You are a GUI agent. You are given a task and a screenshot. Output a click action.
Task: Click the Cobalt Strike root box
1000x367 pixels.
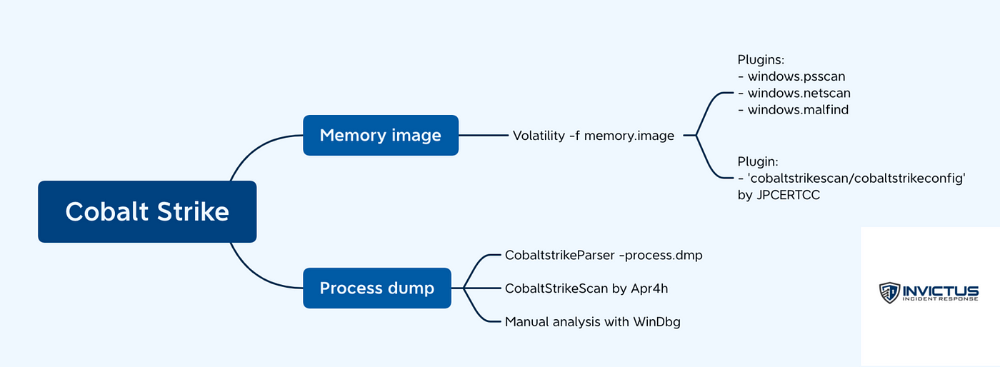(x=147, y=211)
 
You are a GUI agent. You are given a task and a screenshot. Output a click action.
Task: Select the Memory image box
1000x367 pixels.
(x=380, y=135)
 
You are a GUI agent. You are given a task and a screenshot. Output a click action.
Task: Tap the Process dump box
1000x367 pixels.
(x=376, y=288)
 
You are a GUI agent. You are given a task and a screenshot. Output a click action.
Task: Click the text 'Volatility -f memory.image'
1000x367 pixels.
(x=593, y=136)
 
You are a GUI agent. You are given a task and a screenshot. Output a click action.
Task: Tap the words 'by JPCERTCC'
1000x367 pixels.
(x=778, y=195)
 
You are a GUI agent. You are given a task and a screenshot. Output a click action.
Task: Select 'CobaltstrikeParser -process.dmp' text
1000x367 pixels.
(x=604, y=255)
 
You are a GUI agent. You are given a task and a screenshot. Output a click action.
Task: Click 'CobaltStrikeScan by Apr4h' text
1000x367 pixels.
(x=586, y=288)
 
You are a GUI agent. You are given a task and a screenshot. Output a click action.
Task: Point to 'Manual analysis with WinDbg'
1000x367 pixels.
(x=592, y=322)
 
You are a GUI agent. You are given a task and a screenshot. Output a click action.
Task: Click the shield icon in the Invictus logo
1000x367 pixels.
(x=889, y=293)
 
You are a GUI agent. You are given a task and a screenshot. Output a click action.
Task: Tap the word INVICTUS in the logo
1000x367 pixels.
(x=940, y=289)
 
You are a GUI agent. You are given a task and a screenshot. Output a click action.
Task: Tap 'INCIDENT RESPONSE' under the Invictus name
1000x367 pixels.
(x=940, y=300)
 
